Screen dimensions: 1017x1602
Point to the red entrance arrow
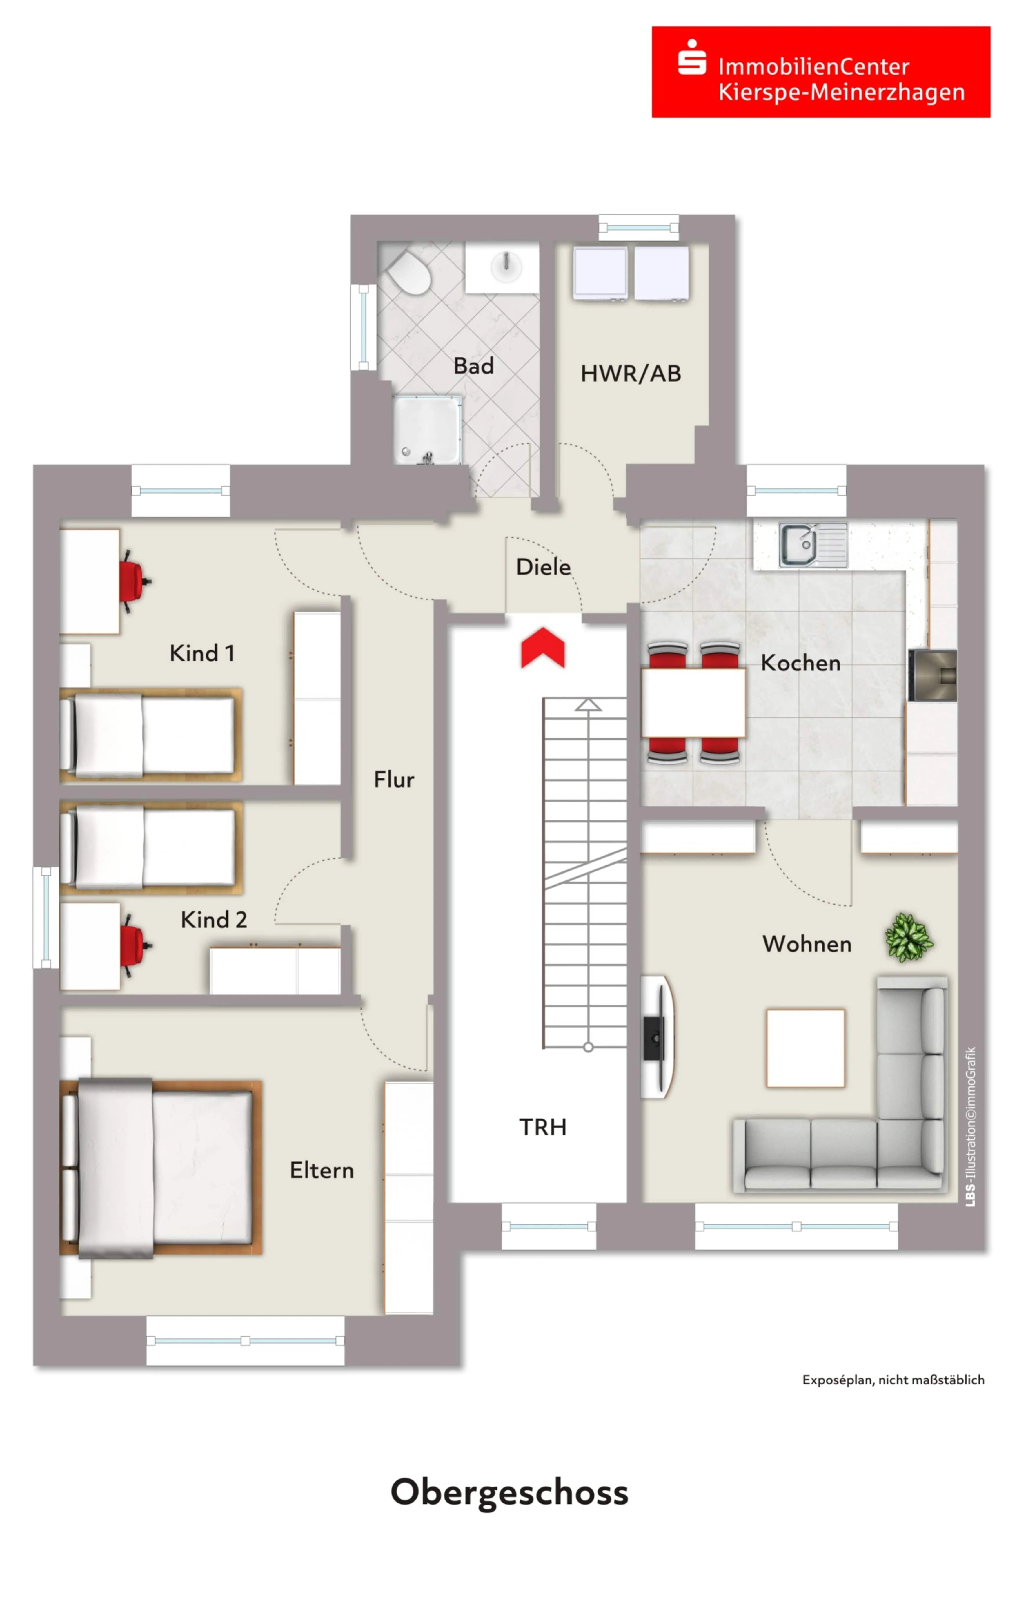click(543, 647)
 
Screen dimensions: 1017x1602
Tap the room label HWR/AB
click(631, 374)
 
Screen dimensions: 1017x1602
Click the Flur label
click(394, 779)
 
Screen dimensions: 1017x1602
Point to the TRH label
click(543, 1127)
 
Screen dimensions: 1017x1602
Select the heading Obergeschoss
click(509, 1492)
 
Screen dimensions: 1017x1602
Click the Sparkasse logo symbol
click(692, 57)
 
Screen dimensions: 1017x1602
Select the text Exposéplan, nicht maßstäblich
click(893, 1380)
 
